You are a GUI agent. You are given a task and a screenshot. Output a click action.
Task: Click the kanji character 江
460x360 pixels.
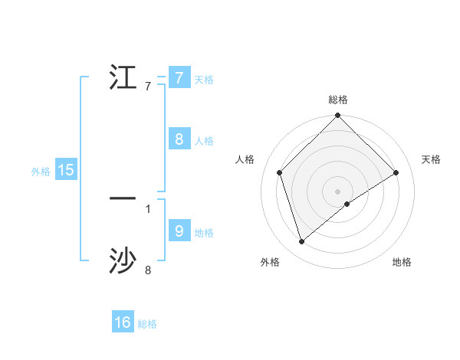click(123, 77)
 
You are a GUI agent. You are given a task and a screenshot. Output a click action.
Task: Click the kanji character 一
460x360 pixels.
click(123, 198)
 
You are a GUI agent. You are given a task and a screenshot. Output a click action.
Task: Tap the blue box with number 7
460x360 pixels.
click(179, 77)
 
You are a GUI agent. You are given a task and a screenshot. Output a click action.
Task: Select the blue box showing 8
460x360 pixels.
click(179, 139)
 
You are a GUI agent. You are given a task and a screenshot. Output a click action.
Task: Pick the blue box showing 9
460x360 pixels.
click(179, 231)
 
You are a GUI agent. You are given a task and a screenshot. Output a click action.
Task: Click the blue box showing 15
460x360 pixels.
click(66, 170)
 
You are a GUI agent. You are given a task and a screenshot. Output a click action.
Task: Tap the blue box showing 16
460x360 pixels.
click(123, 322)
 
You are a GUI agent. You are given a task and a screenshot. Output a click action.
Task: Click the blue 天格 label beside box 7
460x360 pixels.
click(204, 80)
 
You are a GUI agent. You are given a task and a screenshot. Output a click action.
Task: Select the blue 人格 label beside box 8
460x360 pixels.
click(204, 141)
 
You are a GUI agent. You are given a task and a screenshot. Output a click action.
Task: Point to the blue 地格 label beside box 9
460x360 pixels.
click(204, 233)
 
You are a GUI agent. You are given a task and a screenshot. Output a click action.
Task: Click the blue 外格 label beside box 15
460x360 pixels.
click(41, 172)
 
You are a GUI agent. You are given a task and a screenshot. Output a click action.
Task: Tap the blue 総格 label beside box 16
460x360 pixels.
click(147, 325)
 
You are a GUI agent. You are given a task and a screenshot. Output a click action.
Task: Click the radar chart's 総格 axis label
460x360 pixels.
click(338, 100)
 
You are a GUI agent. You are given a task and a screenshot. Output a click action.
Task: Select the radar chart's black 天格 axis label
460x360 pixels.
click(431, 159)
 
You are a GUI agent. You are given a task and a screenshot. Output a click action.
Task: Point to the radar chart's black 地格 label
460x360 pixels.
click(402, 263)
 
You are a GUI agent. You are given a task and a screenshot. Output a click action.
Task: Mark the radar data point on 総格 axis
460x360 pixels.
click(338, 116)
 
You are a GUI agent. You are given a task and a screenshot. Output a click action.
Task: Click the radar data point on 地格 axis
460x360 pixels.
click(347, 204)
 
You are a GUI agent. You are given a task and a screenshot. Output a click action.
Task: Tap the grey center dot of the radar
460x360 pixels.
click(338, 191)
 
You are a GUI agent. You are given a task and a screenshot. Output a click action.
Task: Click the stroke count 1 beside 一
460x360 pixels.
click(148, 208)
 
